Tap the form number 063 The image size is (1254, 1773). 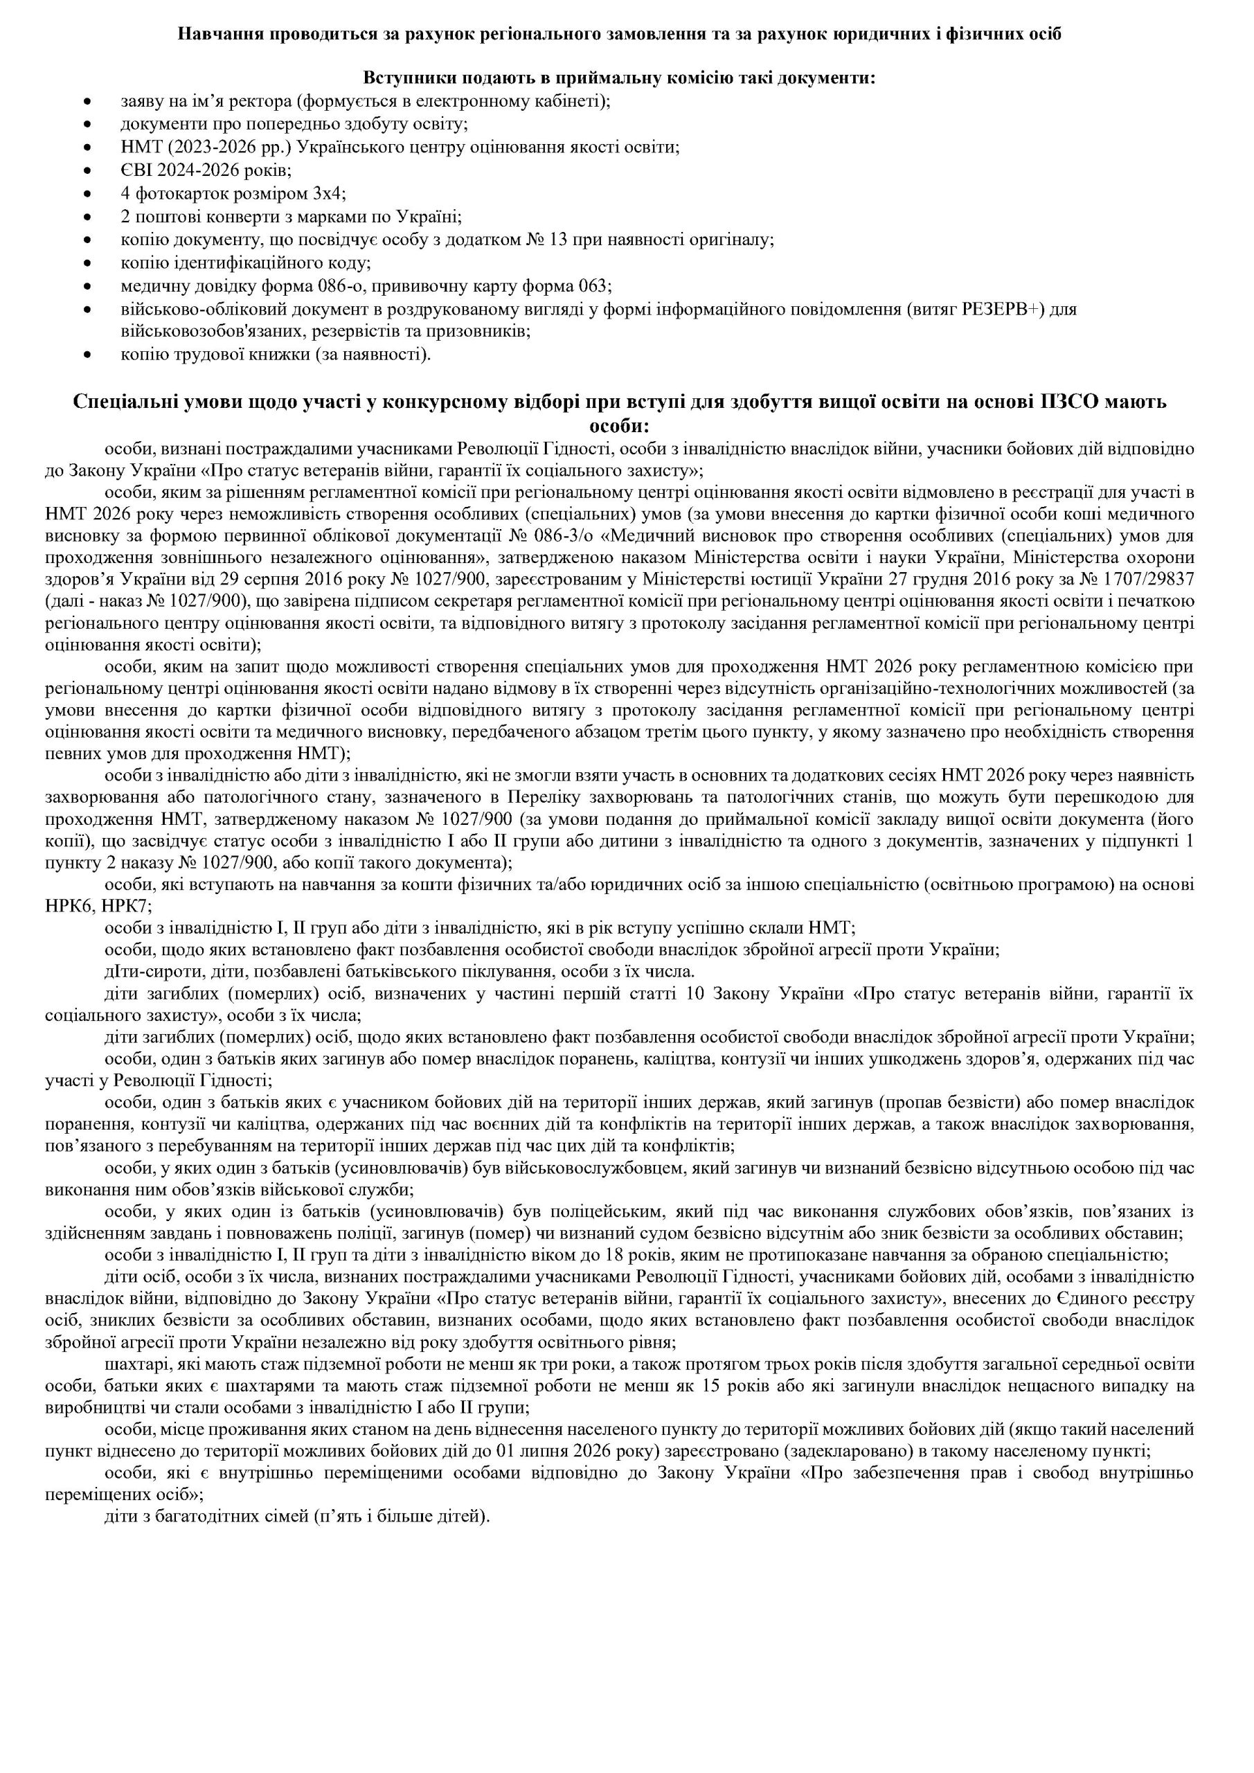click(595, 287)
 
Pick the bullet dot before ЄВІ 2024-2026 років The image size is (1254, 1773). click(93, 170)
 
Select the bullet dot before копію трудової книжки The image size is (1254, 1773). click(93, 356)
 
